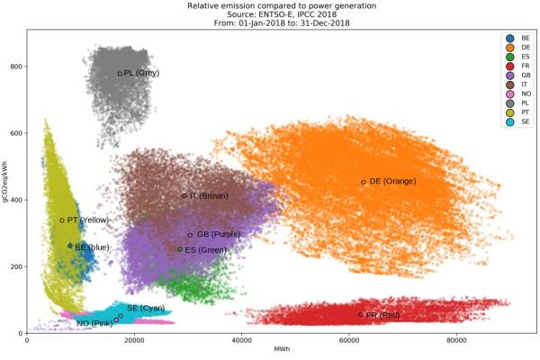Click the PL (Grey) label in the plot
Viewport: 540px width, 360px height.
point(142,73)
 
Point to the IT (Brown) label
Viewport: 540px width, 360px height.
point(209,195)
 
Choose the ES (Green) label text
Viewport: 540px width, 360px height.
point(206,249)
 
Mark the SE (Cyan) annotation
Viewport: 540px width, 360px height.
point(145,308)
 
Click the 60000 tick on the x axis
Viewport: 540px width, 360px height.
point(349,341)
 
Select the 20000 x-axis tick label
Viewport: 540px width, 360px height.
point(134,341)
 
